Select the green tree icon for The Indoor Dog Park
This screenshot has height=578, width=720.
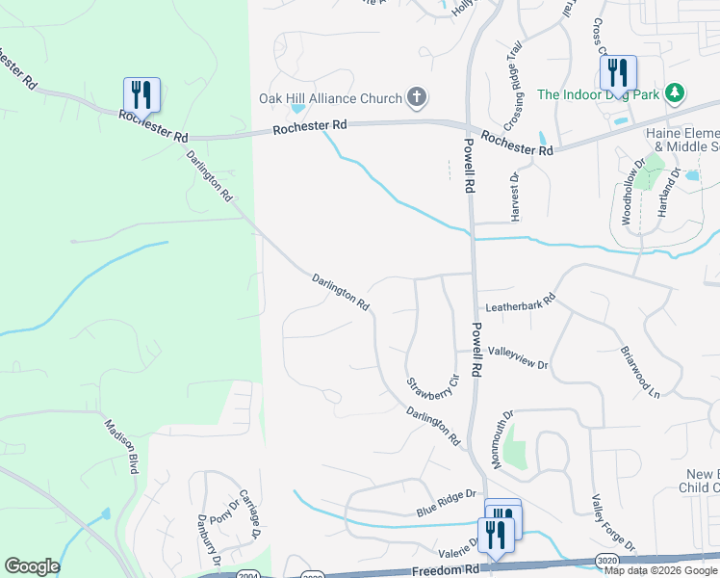click(x=677, y=92)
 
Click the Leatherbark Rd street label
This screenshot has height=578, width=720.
click(x=521, y=302)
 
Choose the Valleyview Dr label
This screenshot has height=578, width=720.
click(x=517, y=358)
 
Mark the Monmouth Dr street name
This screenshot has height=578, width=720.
click(x=502, y=439)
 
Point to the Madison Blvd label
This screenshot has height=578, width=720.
click(x=121, y=445)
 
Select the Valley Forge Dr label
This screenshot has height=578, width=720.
click(x=613, y=524)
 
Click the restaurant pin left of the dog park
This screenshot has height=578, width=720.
click(x=616, y=72)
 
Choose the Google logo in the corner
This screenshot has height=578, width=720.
click(x=32, y=566)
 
